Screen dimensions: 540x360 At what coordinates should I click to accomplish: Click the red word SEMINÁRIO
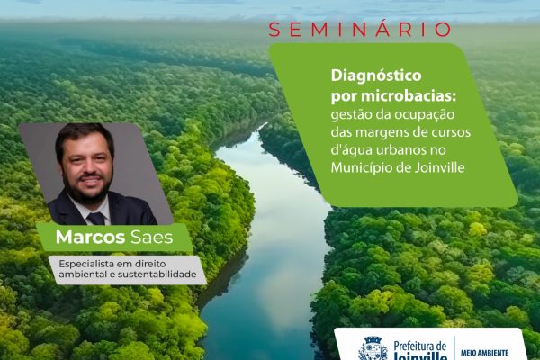pos(360,30)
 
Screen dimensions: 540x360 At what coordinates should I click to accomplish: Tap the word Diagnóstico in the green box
pos(376,76)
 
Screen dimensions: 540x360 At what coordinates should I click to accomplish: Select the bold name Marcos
pos(90,237)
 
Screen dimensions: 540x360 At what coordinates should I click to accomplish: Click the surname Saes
pos(151,238)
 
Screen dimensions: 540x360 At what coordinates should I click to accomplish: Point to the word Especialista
pos(83,265)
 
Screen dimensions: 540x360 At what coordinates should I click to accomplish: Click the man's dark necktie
pos(96,219)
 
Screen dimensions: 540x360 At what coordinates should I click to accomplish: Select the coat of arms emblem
pos(373,348)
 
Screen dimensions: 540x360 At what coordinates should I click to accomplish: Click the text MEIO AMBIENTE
pos(484,353)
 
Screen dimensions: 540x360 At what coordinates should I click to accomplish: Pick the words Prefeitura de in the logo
pos(419,346)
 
